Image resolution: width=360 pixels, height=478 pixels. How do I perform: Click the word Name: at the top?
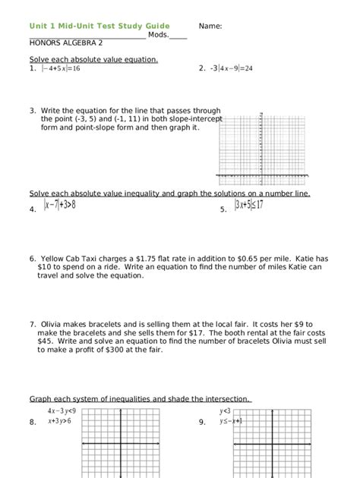tap(210, 26)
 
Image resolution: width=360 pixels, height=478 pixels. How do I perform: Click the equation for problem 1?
tap(61, 68)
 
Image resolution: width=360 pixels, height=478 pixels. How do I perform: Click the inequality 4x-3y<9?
tap(62, 410)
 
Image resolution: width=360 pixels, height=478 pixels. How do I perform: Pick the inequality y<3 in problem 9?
tap(225, 410)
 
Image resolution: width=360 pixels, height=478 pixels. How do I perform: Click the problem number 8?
tap(33, 422)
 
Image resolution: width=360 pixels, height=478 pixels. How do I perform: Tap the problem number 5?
tap(223, 209)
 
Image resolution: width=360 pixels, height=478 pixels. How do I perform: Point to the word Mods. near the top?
tap(158, 35)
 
